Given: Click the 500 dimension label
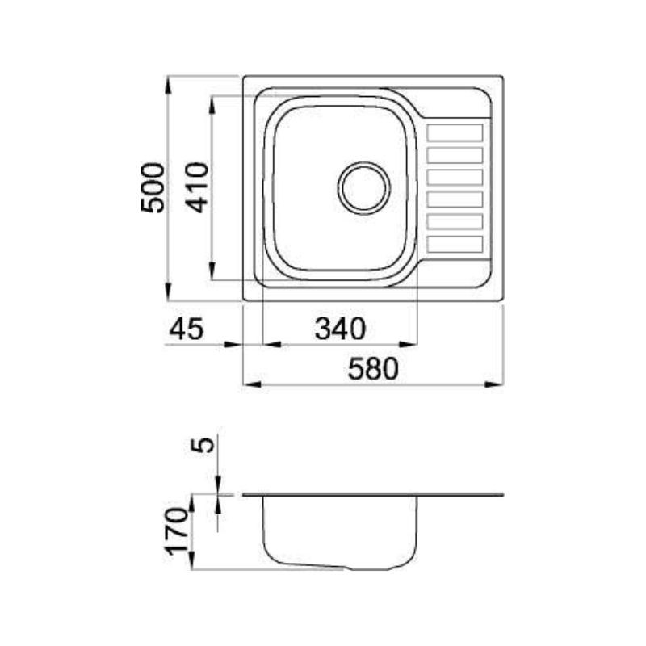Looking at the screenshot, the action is [153, 188].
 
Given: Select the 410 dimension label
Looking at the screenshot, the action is [197, 187].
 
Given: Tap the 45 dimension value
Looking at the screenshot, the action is [187, 329].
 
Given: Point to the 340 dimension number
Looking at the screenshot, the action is [340, 329].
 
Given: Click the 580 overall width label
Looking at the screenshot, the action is [373, 369].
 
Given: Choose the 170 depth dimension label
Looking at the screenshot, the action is [177, 531].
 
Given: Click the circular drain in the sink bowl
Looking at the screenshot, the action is [364, 188].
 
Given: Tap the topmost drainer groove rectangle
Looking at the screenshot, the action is [455, 133].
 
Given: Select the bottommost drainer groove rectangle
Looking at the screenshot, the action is [455, 244].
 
